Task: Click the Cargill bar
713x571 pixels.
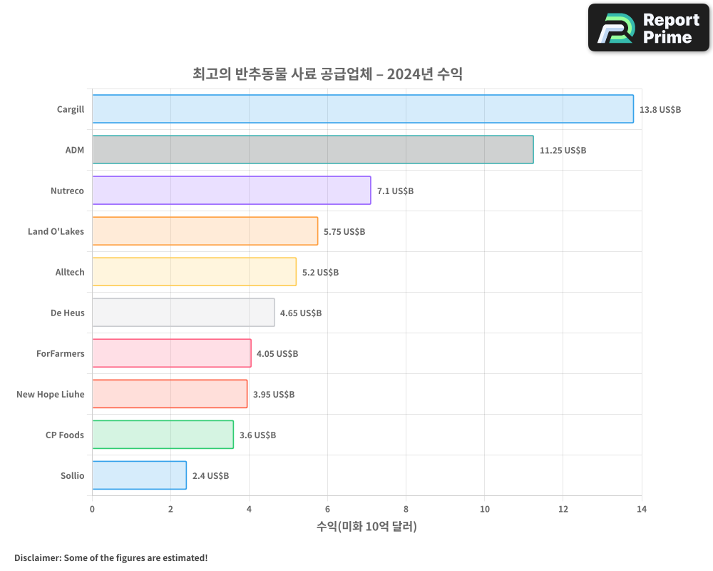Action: click(x=362, y=109)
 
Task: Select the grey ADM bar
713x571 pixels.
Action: click(x=312, y=150)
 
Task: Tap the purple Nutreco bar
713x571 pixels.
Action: click(x=231, y=191)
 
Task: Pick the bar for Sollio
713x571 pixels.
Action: click(x=139, y=475)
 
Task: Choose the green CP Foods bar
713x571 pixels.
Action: click(x=163, y=435)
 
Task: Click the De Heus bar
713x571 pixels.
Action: click(x=183, y=313)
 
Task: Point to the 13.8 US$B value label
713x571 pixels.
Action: click(x=660, y=110)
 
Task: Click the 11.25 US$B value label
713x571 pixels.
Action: click(x=563, y=151)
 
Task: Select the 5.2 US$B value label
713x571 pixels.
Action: click(x=320, y=273)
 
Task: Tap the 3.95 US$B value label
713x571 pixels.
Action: click(x=274, y=395)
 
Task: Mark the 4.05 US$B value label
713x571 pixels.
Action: click(x=277, y=354)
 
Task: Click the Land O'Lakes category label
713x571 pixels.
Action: click(x=56, y=231)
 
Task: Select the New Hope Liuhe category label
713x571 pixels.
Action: click(x=50, y=394)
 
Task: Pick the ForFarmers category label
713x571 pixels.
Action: click(x=60, y=353)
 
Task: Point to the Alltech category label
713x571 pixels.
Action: click(x=70, y=272)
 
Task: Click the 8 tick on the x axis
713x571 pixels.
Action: click(x=406, y=509)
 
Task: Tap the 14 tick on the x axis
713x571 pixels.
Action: click(x=641, y=509)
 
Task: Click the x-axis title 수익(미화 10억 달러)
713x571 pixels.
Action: click(x=366, y=527)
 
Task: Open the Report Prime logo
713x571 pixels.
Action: click(x=648, y=28)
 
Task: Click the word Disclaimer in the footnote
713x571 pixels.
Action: click(x=36, y=557)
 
